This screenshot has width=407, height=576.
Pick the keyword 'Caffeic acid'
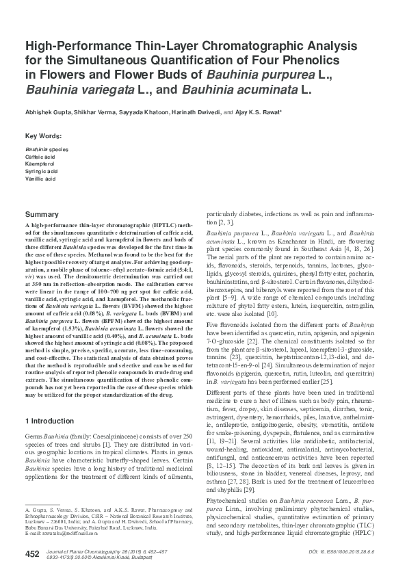pos(40,156)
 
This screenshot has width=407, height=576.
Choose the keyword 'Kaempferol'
pos(39,163)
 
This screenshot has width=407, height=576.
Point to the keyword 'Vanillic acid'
pos(40,178)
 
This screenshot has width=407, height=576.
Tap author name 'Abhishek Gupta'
pos(47,111)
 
